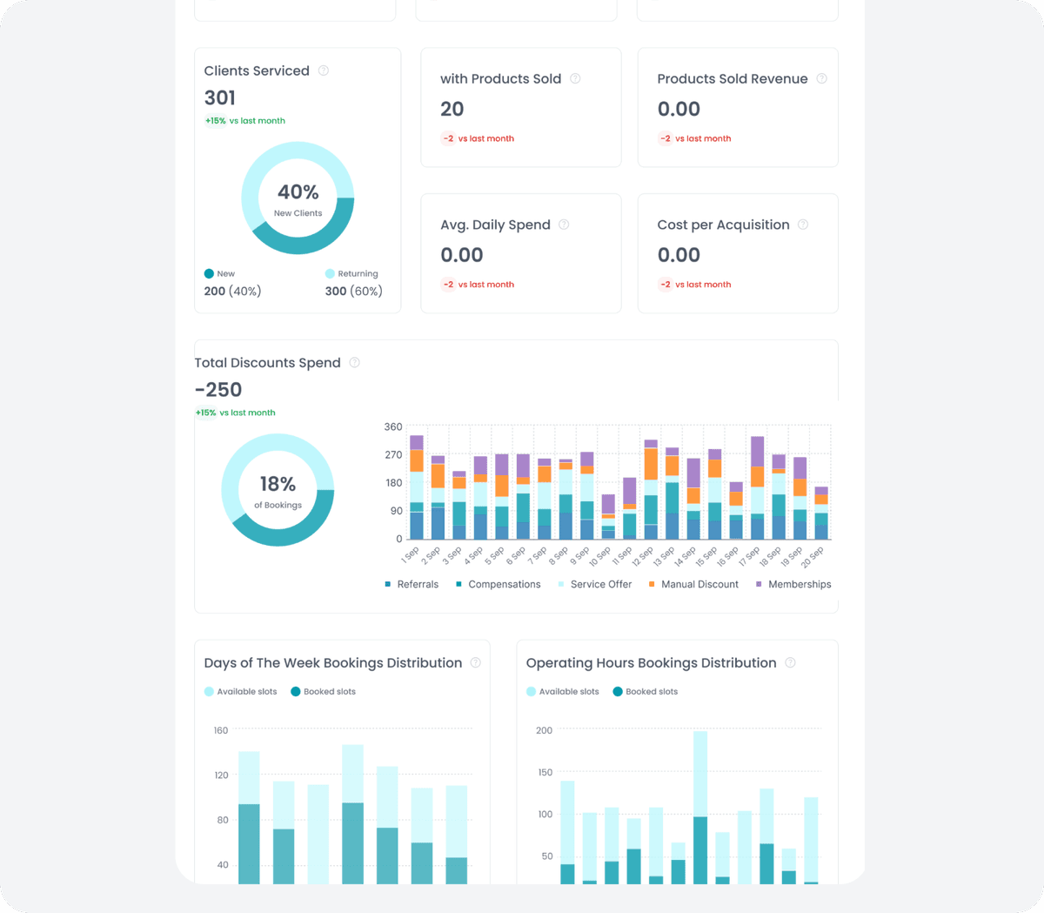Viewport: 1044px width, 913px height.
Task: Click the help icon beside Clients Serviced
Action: (324, 70)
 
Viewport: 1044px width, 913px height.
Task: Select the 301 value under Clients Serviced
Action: (220, 97)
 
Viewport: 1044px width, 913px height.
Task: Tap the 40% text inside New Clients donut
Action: (298, 191)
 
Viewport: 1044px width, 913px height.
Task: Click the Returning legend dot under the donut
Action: (330, 273)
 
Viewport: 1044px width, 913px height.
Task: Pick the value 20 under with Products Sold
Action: (452, 109)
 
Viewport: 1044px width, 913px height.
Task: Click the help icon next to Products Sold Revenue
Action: (821, 78)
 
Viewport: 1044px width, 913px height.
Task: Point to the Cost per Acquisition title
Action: (723, 225)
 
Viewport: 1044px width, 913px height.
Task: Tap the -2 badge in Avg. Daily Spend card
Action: (448, 285)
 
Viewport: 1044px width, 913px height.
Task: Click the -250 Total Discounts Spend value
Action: (218, 390)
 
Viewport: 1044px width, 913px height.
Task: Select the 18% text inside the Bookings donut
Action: (278, 484)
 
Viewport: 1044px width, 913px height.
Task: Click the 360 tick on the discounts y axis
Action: (393, 427)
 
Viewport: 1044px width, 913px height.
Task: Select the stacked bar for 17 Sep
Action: (757, 487)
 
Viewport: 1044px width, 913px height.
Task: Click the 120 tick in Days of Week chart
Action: (221, 775)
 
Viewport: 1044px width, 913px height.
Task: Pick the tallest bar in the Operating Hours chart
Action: (700, 808)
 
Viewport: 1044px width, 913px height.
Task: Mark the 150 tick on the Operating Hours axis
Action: (545, 773)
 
